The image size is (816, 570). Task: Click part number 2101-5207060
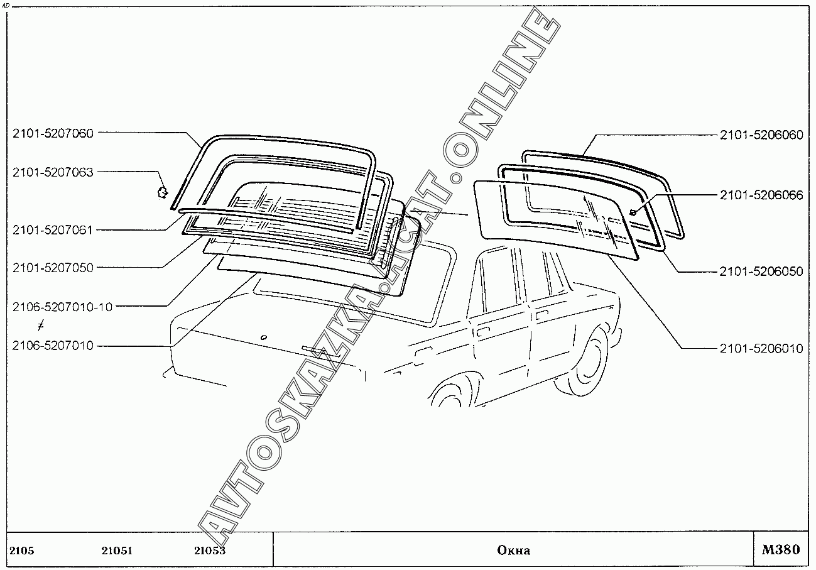point(53,133)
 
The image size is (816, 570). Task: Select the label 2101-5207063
point(53,172)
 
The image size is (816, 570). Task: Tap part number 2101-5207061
point(53,230)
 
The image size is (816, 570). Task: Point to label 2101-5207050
point(53,268)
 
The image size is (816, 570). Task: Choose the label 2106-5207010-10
point(62,307)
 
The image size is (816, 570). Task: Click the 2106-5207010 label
point(53,346)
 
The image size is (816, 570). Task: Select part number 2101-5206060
point(761,135)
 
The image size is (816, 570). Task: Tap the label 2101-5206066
point(761,195)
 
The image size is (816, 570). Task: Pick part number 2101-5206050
point(761,271)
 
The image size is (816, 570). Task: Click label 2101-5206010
point(761,348)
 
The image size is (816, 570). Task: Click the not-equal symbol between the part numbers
point(41,326)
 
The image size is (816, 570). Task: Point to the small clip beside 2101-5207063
point(162,191)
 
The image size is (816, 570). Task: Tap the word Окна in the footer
point(513,551)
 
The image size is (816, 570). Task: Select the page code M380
point(781,550)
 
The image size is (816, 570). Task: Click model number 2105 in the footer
point(22,551)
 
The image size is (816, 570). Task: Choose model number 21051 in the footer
point(117,551)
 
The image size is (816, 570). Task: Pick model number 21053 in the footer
point(210,551)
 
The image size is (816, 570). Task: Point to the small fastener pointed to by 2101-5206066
point(633,212)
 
